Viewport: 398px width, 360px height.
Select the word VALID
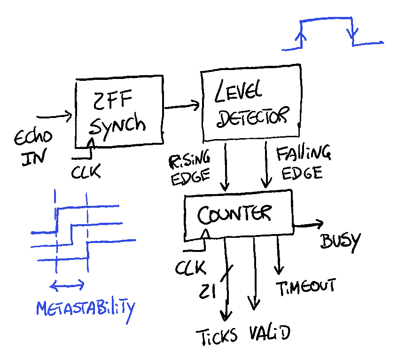[x=270, y=333]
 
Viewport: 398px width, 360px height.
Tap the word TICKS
[x=217, y=337]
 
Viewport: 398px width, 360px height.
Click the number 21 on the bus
[x=207, y=291]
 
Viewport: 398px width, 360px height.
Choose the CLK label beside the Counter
[x=190, y=267]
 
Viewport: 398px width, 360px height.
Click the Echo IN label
[x=33, y=148]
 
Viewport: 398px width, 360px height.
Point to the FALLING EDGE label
[x=304, y=162]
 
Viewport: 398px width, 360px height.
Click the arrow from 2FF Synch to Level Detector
[x=182, y=106]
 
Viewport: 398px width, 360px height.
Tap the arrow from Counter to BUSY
[x=308, y=225]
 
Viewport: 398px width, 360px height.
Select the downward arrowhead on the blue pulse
[x=352, y=33]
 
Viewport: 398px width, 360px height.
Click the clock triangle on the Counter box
[x=206, y=234]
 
